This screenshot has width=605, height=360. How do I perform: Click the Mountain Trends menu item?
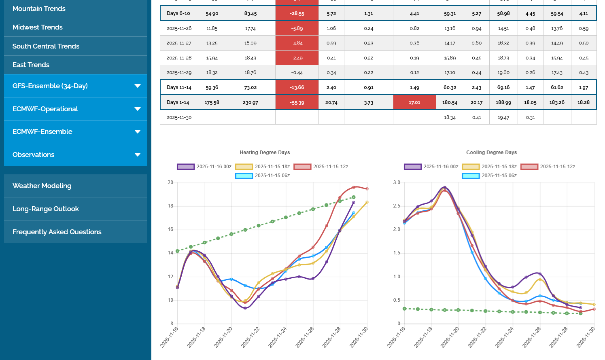pos(39,8)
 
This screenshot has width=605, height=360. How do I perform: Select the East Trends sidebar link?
pos(31,65)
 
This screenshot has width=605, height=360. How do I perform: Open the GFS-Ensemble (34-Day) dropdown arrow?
pos(138,86)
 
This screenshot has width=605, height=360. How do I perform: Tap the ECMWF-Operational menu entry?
pos(45,109)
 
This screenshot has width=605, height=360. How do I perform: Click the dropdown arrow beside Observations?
pos(138,155)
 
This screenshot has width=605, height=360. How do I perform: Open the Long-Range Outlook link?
pos(46,209)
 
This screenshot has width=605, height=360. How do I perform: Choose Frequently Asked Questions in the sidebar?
pos(57,232)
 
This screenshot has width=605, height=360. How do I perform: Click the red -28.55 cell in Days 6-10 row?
pos(297,13)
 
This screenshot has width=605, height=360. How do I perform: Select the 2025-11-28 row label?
pos(179,58)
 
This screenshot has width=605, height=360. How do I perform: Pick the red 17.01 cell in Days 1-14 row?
pos(414,102)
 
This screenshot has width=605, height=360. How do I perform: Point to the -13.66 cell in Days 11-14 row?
pos(297,87)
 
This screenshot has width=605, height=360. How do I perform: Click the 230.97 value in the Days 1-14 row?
pos(250,103)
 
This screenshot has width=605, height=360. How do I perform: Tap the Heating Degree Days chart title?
pos(265,152)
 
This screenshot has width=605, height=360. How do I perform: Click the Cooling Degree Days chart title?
pos(491,152)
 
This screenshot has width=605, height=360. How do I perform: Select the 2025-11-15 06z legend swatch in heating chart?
pos(244,176)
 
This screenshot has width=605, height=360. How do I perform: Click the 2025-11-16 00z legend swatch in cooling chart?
pos(413,167)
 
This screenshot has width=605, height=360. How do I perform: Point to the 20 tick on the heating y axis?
pos(170,182)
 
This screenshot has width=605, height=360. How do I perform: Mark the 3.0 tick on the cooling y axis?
pos(397,182)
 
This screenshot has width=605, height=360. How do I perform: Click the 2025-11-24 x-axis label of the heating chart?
pos(278,337)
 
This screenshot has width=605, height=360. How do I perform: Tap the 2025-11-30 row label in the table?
pos(179,117)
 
